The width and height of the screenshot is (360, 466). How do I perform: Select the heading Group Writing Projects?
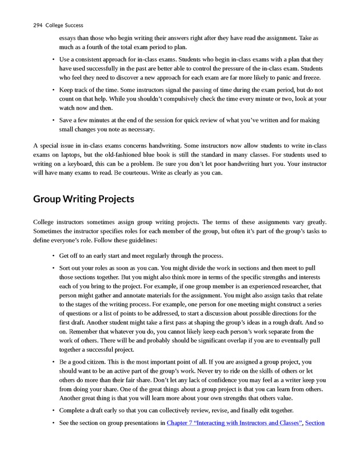point(83,199)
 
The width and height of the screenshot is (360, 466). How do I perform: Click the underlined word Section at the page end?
point(315,423)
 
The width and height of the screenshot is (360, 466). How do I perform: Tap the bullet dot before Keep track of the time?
point(53,90)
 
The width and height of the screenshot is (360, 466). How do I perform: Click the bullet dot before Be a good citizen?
point(53,362)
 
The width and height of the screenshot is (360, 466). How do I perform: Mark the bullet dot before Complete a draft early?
point(53,410)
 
